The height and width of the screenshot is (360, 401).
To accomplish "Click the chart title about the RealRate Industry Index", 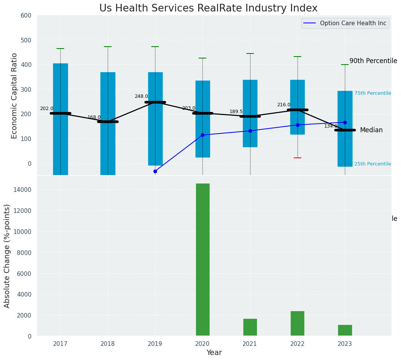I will (x=208, y=8).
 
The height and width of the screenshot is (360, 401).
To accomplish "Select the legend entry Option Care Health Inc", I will (x=353, y=23).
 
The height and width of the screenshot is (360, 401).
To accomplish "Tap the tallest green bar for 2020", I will (x=202, y=259).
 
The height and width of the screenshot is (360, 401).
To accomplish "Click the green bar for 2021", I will (x=250, y=327).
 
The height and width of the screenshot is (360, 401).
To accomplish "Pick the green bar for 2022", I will (x=298, y=323).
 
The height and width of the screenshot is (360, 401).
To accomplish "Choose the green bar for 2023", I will (x=345, y=330).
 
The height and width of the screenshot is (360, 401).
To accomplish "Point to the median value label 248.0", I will (x=141, y=96).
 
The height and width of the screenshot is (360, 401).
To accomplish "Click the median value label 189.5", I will (x=236, y=112).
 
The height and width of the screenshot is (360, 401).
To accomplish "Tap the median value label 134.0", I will (x=331, y=126).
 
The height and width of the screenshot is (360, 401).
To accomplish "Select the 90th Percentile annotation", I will (x=373, y=61).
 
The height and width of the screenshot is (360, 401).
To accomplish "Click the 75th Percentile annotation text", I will (x=372, y=93).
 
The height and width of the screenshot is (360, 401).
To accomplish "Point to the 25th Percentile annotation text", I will (x=372, y=164).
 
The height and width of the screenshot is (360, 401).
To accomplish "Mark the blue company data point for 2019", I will (x=155, y=171).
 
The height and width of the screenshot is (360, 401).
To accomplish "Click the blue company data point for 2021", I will (x=250, y=131).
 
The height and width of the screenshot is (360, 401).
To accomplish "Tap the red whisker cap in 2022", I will (x=298, y=158).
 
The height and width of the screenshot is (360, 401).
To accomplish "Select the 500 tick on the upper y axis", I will (x=28, y=40).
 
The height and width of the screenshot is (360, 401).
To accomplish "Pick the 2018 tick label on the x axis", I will (x=108, y=344).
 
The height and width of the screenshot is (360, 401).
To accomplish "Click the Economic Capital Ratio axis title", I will (x=15, y=96).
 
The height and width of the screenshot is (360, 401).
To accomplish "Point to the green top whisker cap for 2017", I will (x=60, y=49).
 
